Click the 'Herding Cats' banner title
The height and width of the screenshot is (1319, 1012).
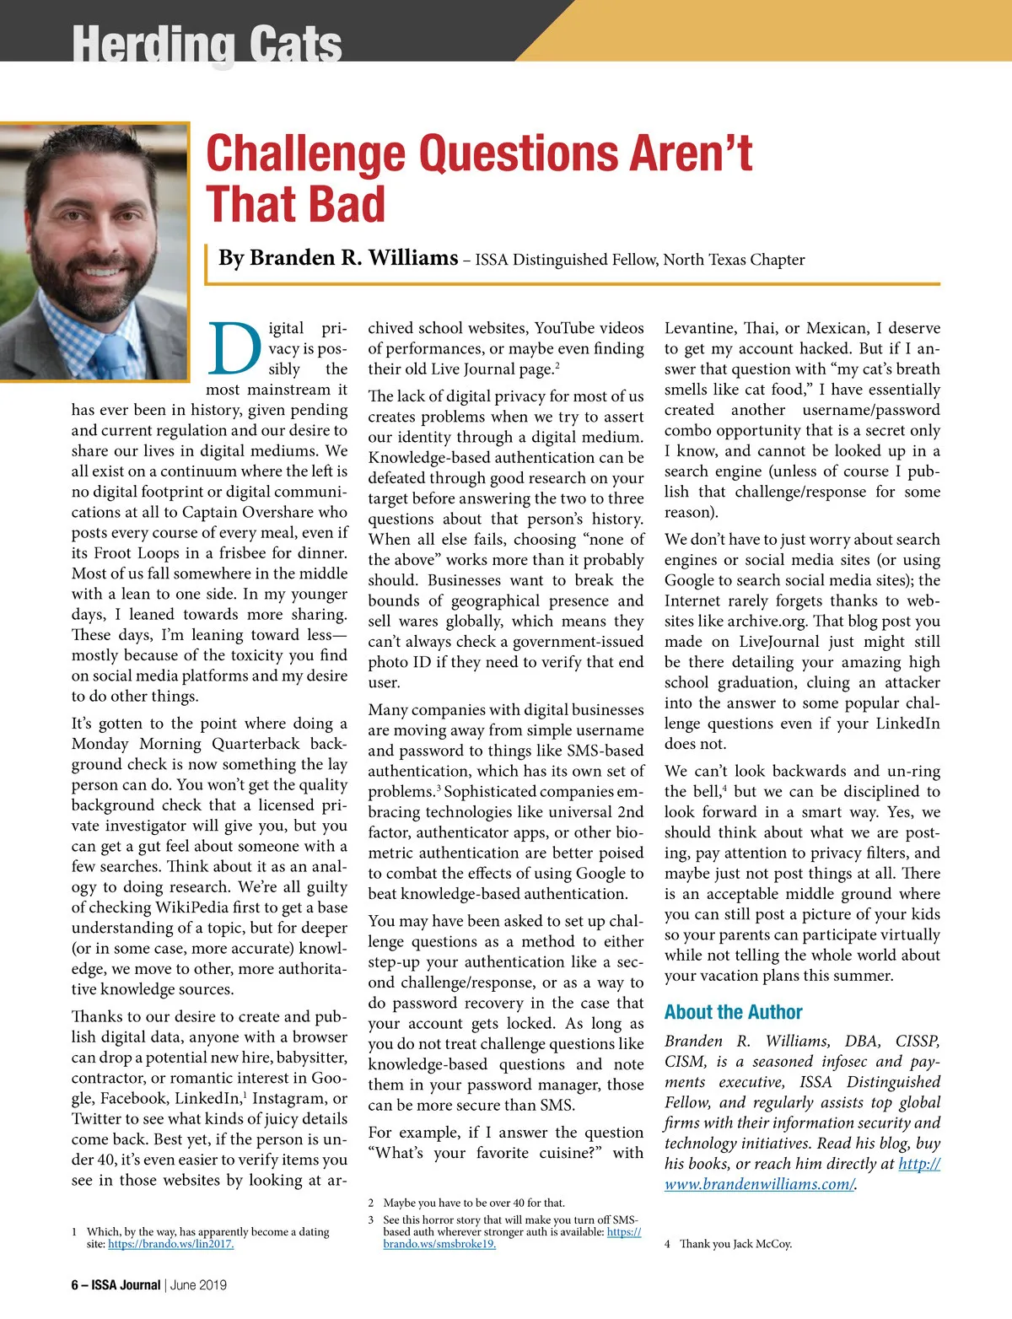pos(207,44)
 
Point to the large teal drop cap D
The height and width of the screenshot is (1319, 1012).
pos(234,347)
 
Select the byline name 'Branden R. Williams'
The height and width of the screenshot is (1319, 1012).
pos(338,257)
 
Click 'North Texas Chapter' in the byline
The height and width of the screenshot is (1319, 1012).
pos(734,260)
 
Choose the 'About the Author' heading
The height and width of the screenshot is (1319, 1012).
pos(733,1012)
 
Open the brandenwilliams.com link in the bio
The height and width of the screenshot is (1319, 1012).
pos(760,1184)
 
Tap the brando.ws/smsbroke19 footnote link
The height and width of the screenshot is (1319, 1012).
pos(439,1244)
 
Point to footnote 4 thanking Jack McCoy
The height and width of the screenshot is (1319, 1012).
pos(735,1244)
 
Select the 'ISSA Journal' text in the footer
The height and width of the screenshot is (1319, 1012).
pos(126,1285)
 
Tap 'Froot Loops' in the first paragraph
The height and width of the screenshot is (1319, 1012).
pos(138,553)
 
